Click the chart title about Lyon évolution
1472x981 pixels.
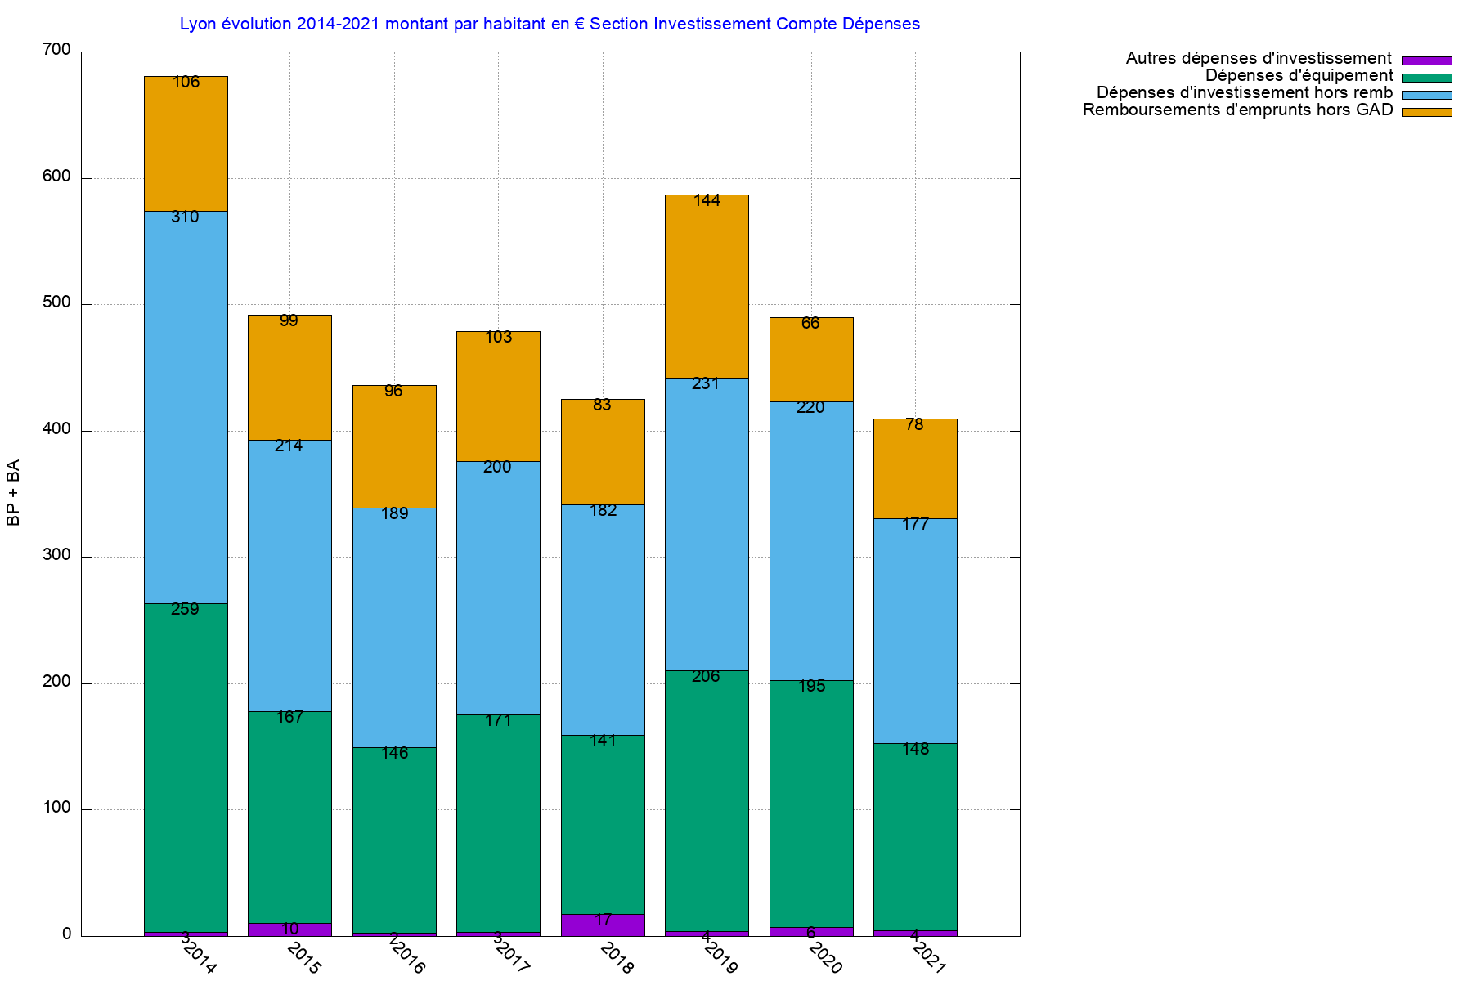(550, 25)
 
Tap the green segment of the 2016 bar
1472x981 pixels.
(394, 842)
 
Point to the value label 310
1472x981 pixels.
(185, 217)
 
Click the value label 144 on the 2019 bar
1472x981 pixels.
(707, 201)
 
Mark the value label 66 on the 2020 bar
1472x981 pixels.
(810, 324)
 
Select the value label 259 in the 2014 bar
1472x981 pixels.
(185, 610)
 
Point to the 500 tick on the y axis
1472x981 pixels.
(56, 303)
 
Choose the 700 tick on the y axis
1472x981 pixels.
(56, 51)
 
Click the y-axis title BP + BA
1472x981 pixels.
(14, 493)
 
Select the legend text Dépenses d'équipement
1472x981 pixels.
(1299, 76)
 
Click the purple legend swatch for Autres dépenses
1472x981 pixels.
(1427, 60)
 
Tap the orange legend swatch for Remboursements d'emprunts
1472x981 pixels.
(1427, 112)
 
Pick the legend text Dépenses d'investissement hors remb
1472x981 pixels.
(1244, 93)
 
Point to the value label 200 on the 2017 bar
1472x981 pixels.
(497, 468)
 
